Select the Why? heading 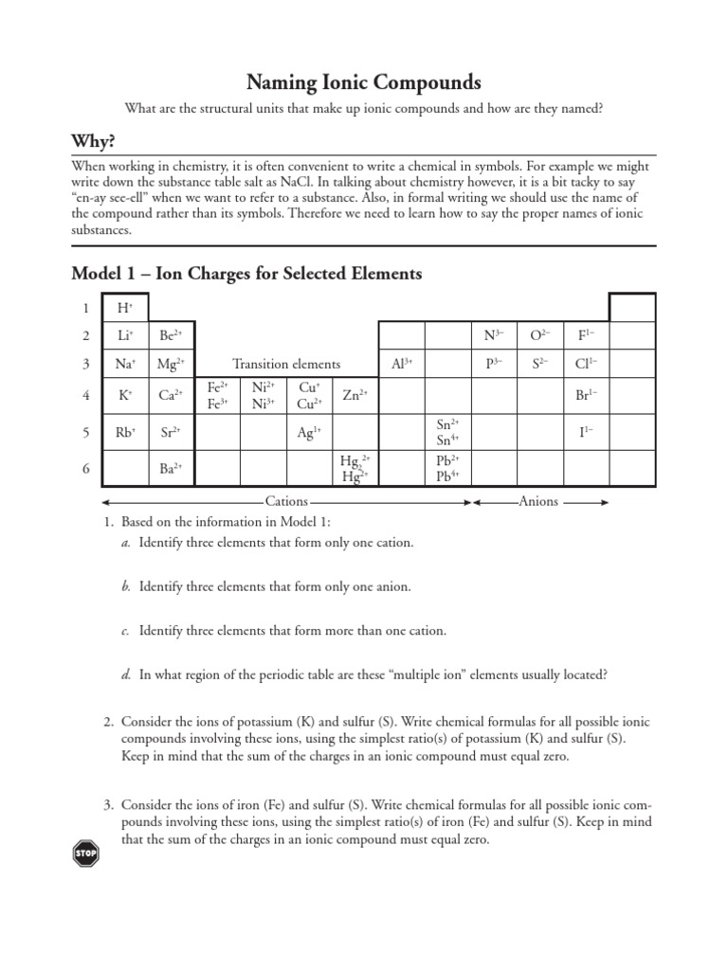tap(94, 141)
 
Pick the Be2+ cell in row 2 tap(171, 335)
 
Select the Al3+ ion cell tap(401, 363)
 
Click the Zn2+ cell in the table tap(355, 395)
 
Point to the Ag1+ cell tap(308, 432)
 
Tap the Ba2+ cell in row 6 tap(171, 467)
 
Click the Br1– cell tap(586, 395)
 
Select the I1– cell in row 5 tap(586, 432)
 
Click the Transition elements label tap(286, 364)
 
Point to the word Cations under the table tap(286, 501)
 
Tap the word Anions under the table tap(538, 501)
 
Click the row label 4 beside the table tap(85, 395)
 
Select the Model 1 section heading tap(246, 274)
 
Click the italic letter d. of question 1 tap(125, 674)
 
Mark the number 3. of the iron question tap(107, 805)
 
